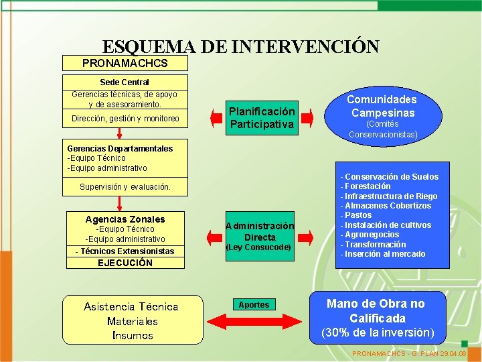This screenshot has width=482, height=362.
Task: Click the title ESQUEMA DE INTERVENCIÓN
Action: point(240,47)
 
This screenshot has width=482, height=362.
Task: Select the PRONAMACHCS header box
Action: point(125,63)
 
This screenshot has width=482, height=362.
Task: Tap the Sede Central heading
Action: point(125,82)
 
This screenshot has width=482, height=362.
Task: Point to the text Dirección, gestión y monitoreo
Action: point(125,119)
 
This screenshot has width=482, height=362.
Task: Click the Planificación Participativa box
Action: point(262,118)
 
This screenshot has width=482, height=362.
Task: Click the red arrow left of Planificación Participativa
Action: point(216,119)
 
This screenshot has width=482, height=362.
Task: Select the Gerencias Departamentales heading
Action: point(120,148)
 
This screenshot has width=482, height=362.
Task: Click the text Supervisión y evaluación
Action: point(125,187)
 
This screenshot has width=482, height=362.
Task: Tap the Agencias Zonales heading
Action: point(125,219)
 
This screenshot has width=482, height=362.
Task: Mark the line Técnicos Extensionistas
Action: point(125,251)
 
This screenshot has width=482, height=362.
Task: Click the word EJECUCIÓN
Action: point(125,263)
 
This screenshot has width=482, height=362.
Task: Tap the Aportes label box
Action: point(254,305)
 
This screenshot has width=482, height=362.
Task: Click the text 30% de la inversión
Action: point(378,333)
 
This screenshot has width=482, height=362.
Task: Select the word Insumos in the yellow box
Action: point(133,335)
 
